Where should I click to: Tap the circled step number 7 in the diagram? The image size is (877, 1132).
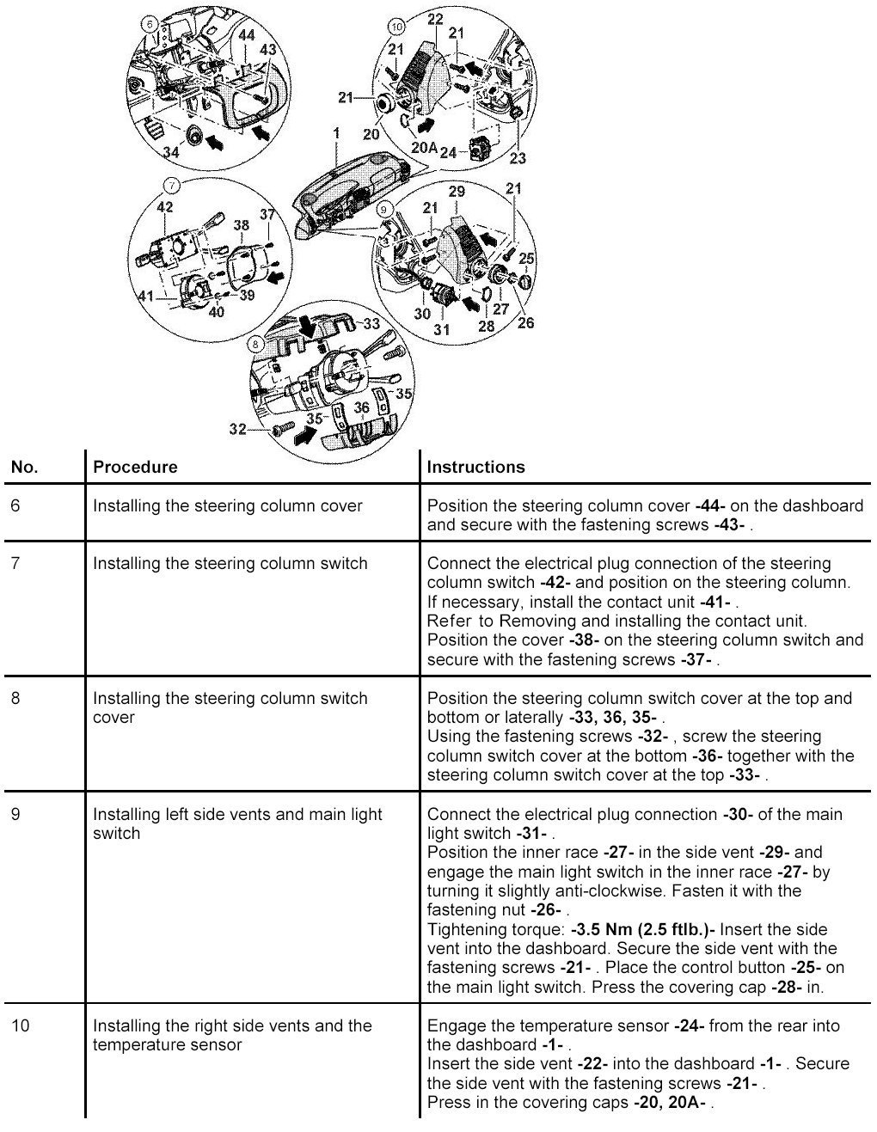pyautogui.click(x=170, y=185)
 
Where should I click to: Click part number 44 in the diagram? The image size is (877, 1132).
pyautogui.click(x=246, y=34)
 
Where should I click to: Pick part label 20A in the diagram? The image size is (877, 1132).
pyautogui.click(x=425, y=147)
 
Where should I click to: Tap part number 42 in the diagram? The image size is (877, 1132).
pyautogui.click(x=164, y=206)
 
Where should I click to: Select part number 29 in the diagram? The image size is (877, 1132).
pyautogui.click(x=457, y=191)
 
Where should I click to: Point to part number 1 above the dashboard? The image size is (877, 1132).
pyautogui.click(x=336, y=133)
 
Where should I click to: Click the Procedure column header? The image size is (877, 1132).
pyautogui.click(x=135, y=468)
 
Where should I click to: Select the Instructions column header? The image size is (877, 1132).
pyautogui.click(x=475, y=468)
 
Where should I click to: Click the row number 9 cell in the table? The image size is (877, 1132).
pyautogui.click(x=15, y=814)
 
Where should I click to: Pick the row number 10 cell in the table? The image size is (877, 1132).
pyautogui.click(x=20, y=1025)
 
